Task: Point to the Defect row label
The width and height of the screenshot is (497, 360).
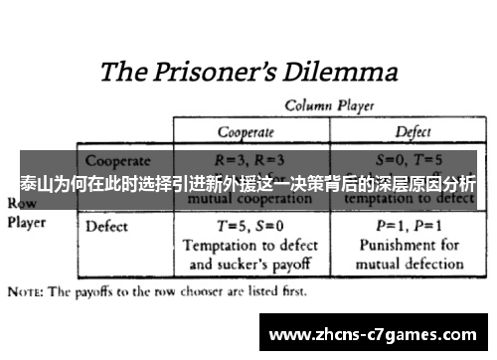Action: (x=106, y=226)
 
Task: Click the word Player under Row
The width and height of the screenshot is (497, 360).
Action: (x=27, y=223)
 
